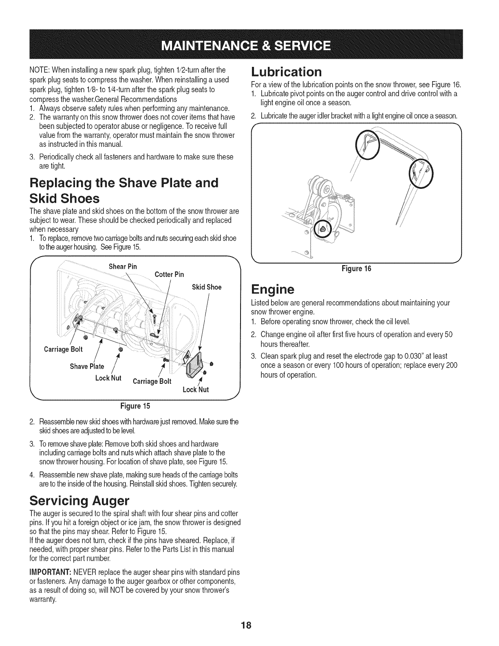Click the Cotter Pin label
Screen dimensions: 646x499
(x=169, y=274)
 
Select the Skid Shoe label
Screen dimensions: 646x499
(x=206, y=287)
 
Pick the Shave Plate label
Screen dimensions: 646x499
(x=87, y=366)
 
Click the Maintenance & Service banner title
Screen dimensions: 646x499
(x=249, y=44)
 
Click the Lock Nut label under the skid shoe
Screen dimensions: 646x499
(x=196, y=389)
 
